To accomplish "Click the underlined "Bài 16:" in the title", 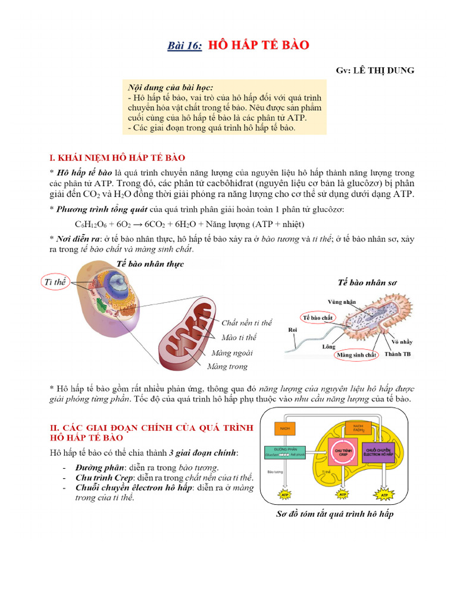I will pos(183,46).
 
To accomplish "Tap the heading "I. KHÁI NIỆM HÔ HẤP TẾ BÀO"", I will pos(117,158).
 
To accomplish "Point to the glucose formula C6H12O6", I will pos(90,224).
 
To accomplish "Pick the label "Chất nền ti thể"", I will pos(246,323).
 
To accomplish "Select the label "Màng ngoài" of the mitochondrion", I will pos(231,353).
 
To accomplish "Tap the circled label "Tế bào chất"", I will pos(318,318).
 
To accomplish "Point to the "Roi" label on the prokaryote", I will pos(292,329).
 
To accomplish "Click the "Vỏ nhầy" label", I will pos(402,342).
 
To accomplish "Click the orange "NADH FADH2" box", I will pos(358,428).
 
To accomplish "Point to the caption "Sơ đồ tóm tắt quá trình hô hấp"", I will pos(334,514).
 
